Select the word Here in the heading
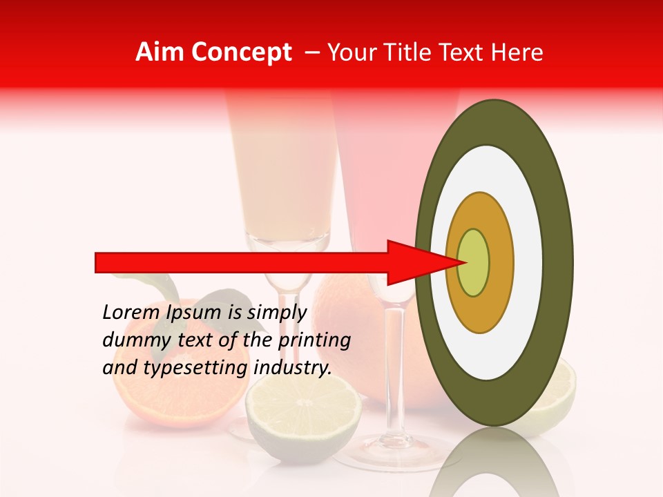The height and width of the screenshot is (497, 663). click(x=519, y=52)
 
